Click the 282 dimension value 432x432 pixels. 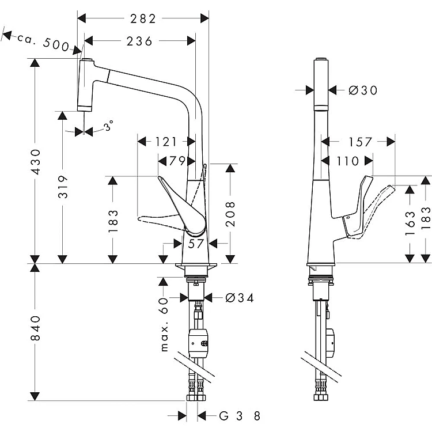(x=143, y=19)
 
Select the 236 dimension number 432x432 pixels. (x=139, y=41)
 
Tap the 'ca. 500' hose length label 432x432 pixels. (x=43, y=42)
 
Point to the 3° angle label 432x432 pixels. (x=108, y=126)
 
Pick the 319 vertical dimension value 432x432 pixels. (x=63, y=187)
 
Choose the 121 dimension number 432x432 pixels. (x=166, y=142)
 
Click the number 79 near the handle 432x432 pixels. (x=177, y=161)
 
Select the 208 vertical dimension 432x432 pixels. (x=230, y=214)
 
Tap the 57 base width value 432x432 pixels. (x=196, y=244)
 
